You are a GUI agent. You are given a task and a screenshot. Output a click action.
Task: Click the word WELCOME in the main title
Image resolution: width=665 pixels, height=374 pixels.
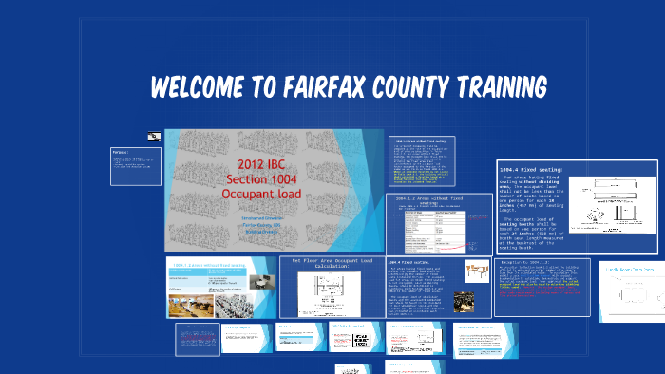(194, 87)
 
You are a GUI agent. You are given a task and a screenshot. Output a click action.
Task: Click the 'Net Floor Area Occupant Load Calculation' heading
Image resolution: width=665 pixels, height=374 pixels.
(332, 262)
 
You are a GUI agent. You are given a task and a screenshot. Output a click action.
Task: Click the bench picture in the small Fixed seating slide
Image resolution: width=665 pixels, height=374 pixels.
(478, 273)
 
